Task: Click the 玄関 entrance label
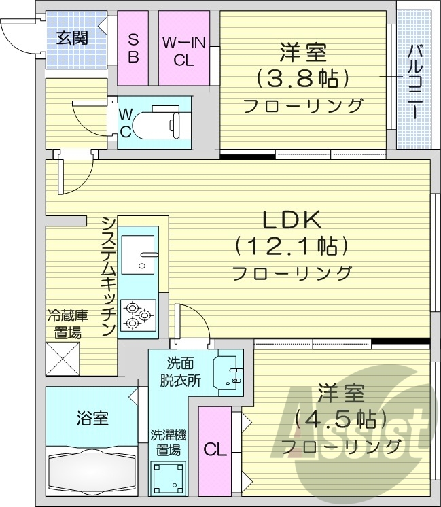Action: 71,38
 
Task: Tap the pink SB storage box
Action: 133,48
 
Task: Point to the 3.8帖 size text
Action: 302,78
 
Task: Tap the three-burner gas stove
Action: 138,315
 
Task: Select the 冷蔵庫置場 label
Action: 64,324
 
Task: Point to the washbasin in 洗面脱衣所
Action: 228,374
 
